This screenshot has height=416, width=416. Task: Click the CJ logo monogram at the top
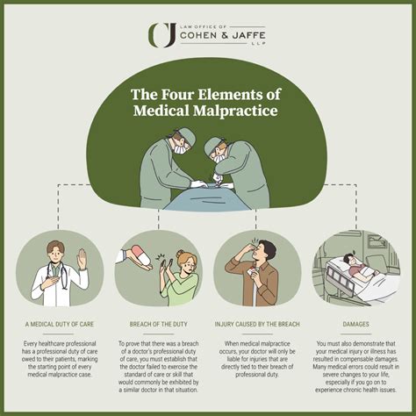163,34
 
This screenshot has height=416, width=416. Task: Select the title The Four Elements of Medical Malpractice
207,103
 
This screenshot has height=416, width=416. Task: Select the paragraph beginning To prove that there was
158,368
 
